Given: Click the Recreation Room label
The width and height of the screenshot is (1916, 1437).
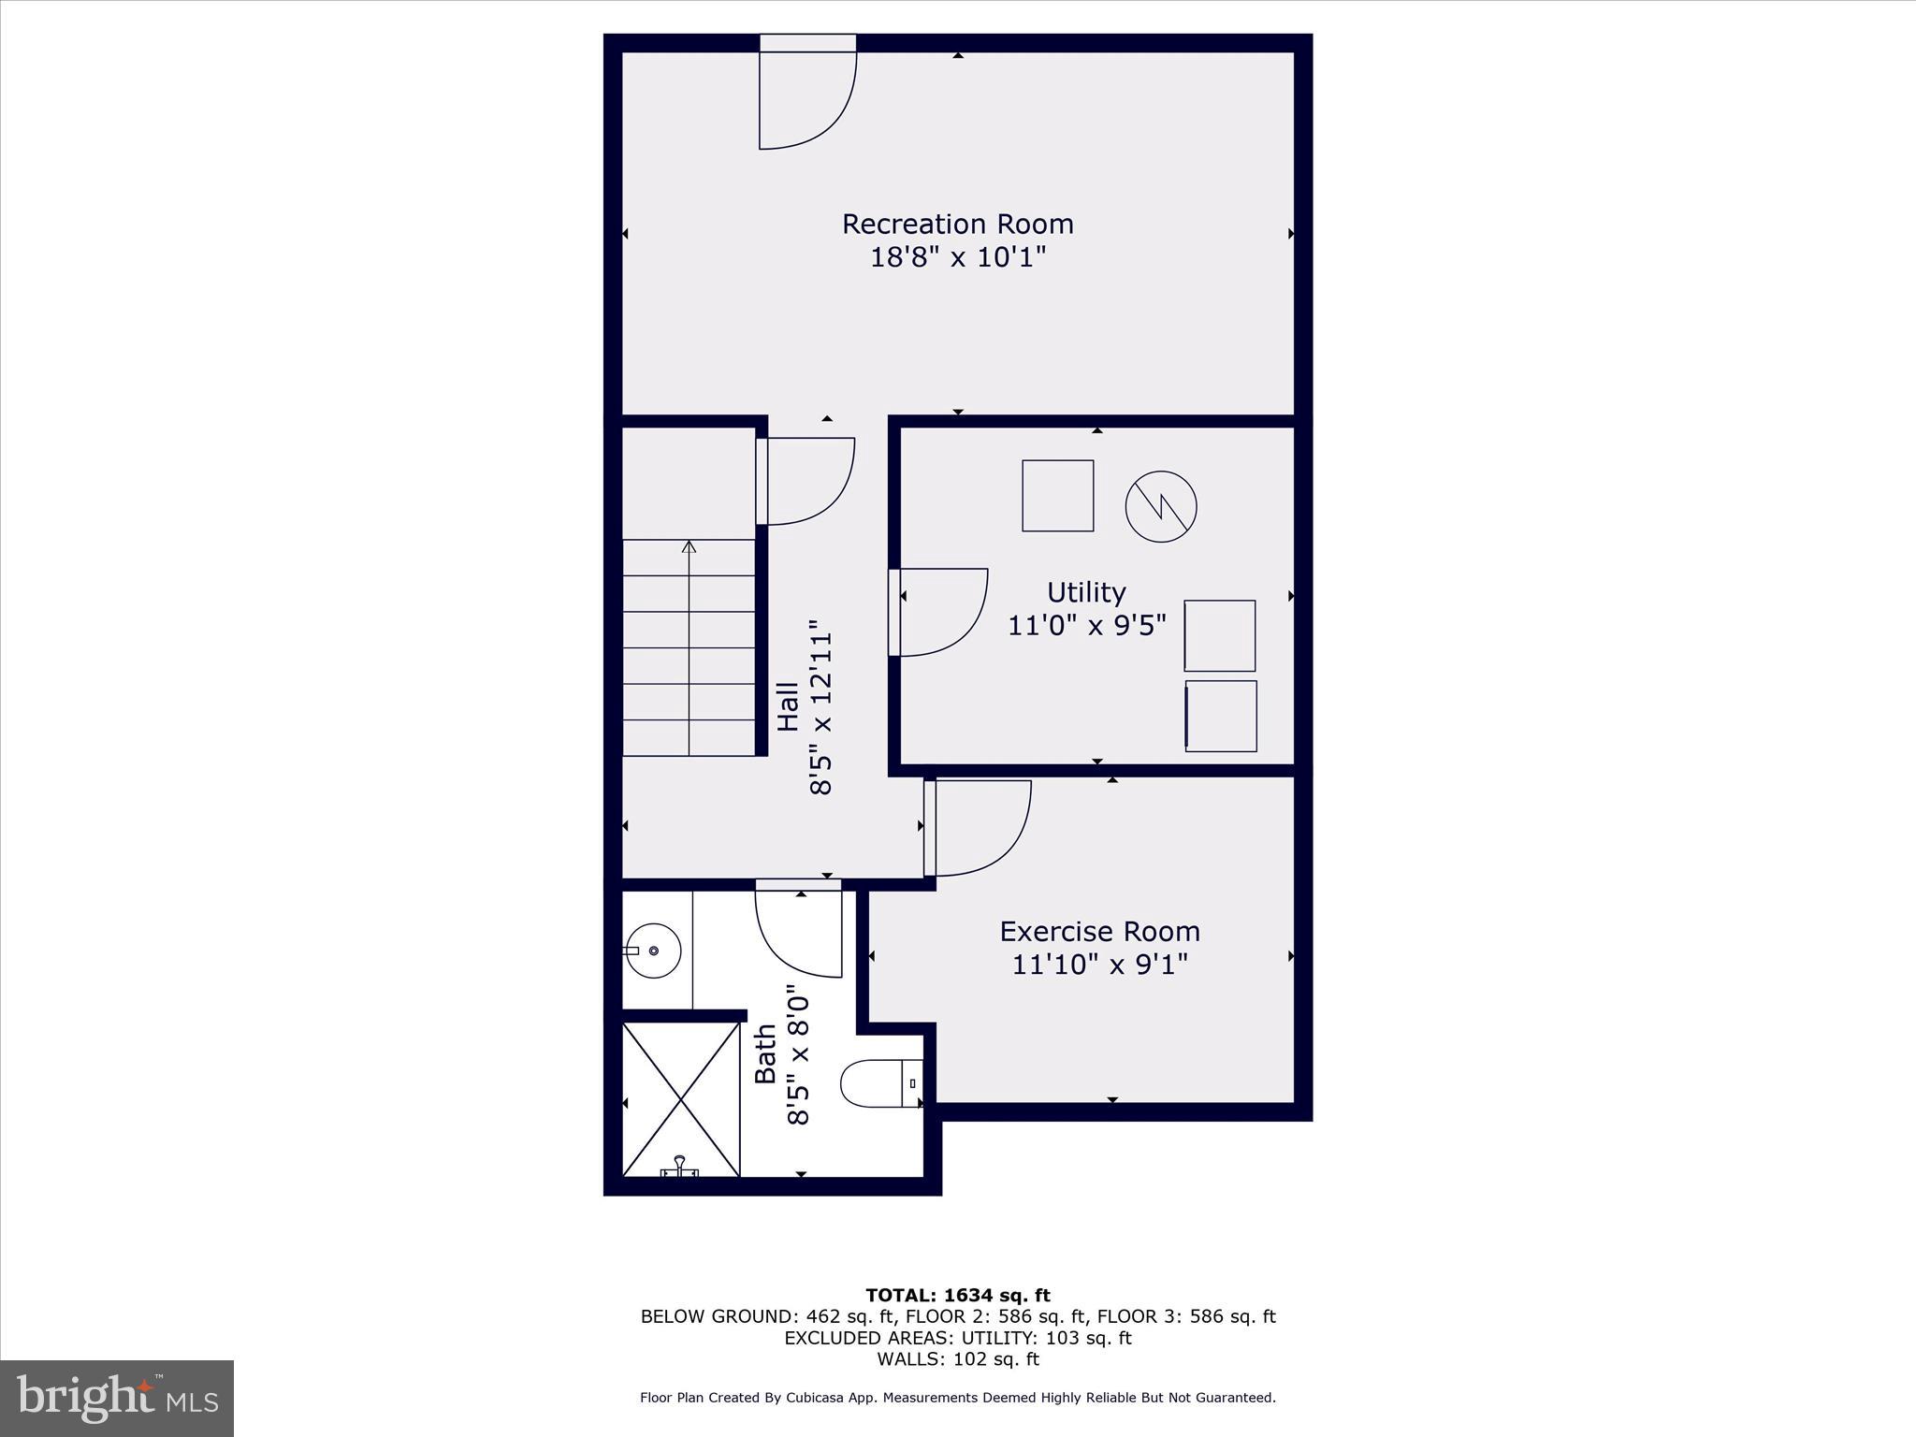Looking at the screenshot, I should [x=957, y=224].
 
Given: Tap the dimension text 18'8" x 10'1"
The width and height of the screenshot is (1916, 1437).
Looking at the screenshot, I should [x=957, y=257].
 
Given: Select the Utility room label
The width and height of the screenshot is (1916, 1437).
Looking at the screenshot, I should [x=1085, y=592].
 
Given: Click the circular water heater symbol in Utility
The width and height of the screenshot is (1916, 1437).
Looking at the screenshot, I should [x=1160, y=506].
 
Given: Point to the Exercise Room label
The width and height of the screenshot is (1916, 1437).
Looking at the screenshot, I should [x=1099, y=931].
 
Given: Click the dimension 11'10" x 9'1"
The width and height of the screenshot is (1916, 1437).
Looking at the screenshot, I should [x=1099, y=964].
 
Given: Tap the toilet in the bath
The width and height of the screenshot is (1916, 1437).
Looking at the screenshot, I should [x=879, y=1083].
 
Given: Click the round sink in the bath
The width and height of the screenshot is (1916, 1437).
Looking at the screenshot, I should [x=653, y=951].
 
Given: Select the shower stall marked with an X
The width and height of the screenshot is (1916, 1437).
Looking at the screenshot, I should [x=681, y=1098].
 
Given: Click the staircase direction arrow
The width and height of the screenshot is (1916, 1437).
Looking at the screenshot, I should [x=689, y=561].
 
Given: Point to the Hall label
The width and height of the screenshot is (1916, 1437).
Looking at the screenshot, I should [x=789, y=706].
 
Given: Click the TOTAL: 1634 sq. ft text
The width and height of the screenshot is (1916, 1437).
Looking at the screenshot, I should [x=957, y=1296].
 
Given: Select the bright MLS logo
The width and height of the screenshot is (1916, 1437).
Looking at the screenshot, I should [x=117, y=1398].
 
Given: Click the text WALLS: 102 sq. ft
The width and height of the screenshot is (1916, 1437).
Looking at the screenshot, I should [x=957, y=1359].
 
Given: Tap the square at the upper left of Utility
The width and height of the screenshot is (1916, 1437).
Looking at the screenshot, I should [x=1057, y=496].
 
